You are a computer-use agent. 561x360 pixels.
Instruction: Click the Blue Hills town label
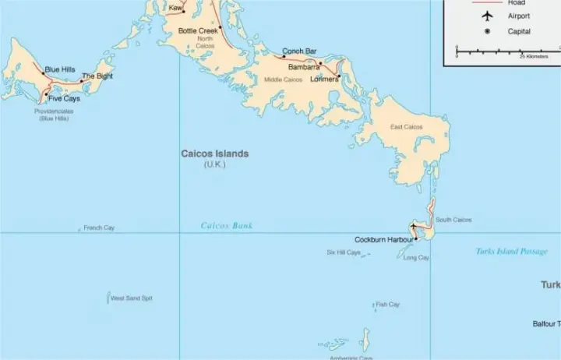click(x=60, y=70)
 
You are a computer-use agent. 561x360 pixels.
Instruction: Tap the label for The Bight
click(x=97, y=76)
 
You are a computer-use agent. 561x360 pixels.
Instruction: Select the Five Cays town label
click(x=64, y=99)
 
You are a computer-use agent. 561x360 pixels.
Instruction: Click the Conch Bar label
click(x=299, y=51)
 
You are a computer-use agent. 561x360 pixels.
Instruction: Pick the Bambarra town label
click(x=304, y=67)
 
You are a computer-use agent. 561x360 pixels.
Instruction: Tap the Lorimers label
click(x=324, y=79)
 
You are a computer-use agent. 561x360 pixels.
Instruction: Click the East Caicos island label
click(x=407, y=127)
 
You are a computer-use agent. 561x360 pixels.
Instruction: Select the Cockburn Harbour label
click(x=384, y=239)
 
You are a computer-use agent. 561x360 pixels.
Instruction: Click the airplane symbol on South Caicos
click(x=414, y=228)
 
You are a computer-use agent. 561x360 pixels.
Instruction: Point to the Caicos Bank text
click(x=227, y=226)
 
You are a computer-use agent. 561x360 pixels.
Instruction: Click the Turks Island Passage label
click(x=511, y=252)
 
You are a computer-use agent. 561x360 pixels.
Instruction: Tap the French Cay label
click(x=99, y=228)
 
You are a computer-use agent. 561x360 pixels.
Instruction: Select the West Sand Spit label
click(x=132, y=298)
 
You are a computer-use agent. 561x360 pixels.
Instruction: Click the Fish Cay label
click(x=388, y=305)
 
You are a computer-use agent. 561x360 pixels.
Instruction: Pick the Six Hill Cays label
click(x=344, y=252)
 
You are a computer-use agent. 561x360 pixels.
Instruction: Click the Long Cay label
click(x=416, y=258)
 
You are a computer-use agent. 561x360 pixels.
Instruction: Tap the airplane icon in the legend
click(x=488, y=16)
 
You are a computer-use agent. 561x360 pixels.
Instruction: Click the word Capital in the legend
click(x=519, y=32)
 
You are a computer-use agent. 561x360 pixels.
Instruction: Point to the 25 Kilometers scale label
click(x=534, y=57)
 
